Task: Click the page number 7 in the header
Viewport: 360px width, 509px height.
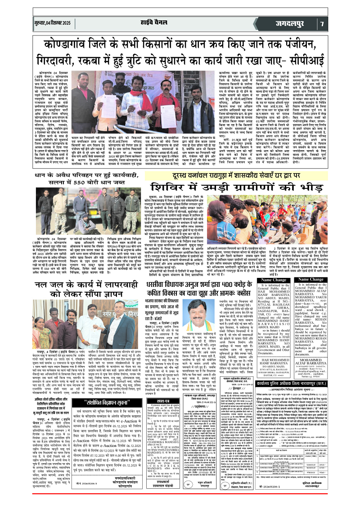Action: click(348, 23)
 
